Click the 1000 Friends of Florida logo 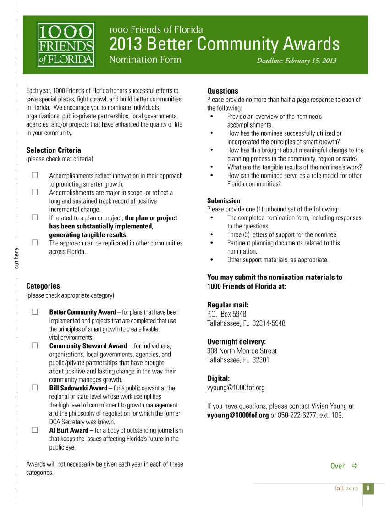tap(66, 45)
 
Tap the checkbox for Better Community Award tap(34, 312)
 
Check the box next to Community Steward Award tap(34, 345)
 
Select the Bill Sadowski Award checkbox tap(34, 388)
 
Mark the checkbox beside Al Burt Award tap(34, 430)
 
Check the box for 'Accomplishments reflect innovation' tap(34, 175)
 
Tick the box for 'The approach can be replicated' tap(34, 243)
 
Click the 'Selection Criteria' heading tap(54, 150)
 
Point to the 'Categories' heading tap(43, 286)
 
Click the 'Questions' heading tap(223, 91)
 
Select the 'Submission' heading tap(224, 200)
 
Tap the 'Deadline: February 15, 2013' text tap(297, 61)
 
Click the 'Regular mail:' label tap(228, 305)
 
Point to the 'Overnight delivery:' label tap(236, 341)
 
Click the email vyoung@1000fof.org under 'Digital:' tap(236, 388)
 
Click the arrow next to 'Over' tap(354, 466)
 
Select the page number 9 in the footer tap(368, 488)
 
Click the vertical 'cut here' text tap(17, 258)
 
